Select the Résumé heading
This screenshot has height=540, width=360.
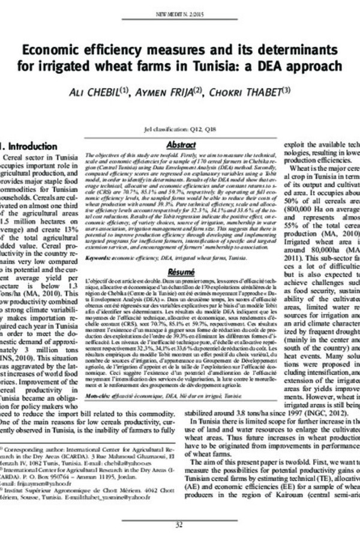[179, 272]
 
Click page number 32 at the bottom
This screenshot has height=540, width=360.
[179, 526]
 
